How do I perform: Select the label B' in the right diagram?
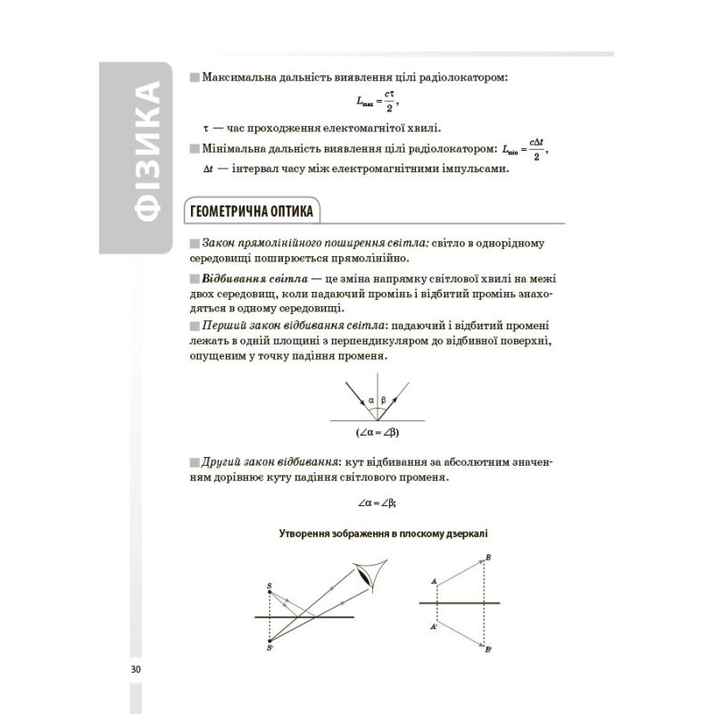[488, 650]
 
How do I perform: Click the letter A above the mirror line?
[434, 582]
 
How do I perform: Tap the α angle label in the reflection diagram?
[371, 401]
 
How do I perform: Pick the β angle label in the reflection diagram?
[384, 401]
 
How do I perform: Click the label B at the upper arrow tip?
[489, 558]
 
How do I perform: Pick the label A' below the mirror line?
[434, 628]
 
